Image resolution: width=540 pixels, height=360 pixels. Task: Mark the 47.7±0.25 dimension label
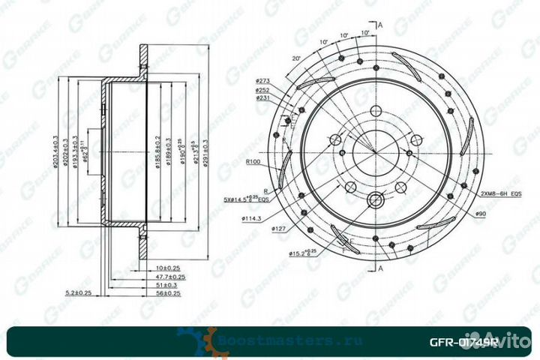[172, 275]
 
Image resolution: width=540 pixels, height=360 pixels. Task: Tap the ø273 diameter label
[262, 79]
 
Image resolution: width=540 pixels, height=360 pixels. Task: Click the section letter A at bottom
[380, 268]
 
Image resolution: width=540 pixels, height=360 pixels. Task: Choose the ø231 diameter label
[262, 97]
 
